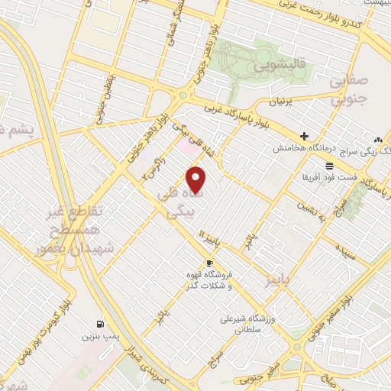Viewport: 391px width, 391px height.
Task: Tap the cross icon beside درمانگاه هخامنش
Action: point(304,135)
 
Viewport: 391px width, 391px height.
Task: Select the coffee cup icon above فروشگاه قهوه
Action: point(210,263)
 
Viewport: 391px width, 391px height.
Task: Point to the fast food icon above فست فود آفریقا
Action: point(328,165)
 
